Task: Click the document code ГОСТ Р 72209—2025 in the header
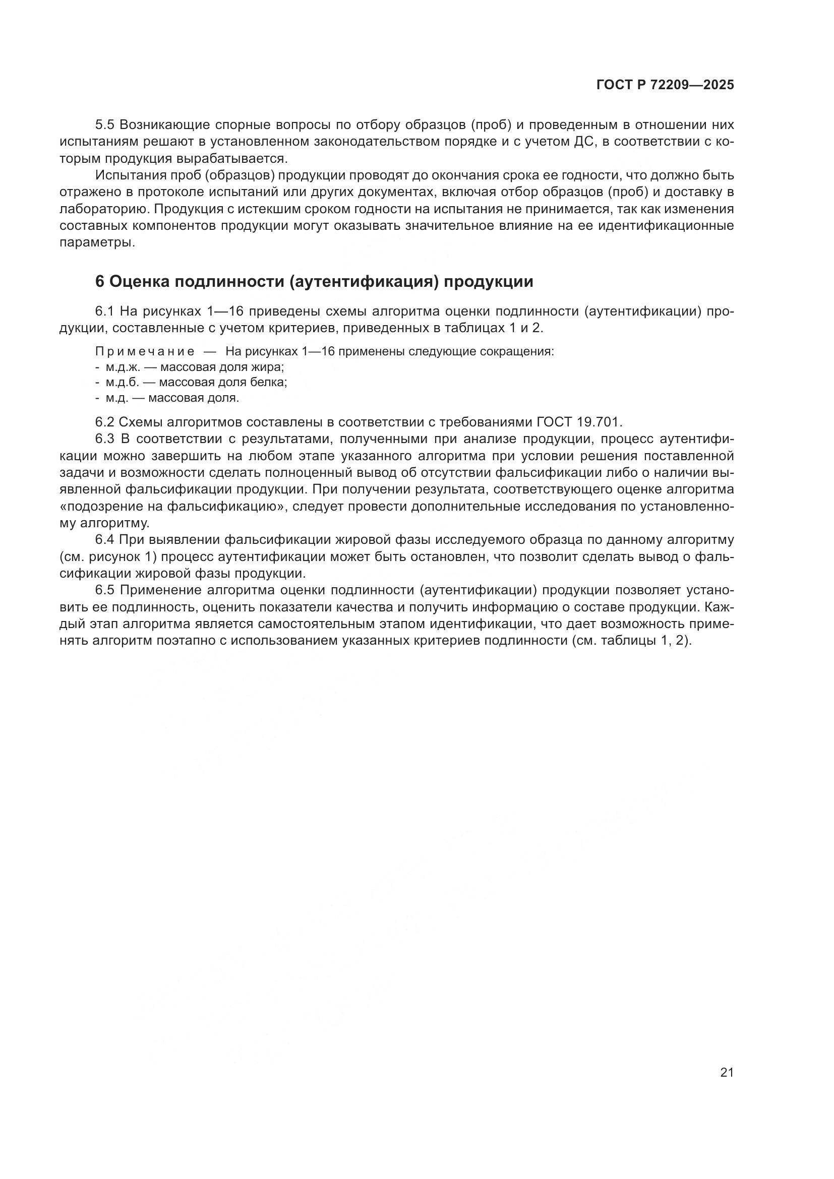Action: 665,85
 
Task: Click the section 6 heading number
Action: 100,282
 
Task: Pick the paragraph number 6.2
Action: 106,422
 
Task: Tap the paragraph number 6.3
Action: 106,439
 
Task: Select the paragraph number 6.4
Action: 106,540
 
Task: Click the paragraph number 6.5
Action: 106,590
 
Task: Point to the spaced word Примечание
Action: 145,352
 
